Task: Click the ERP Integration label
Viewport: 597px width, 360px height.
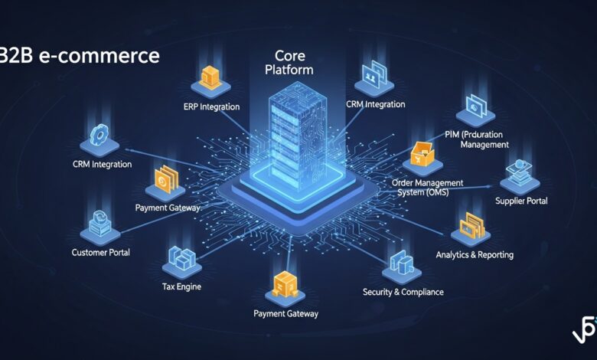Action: click(212, 106)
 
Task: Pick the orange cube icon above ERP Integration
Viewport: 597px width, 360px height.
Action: click(210, 75)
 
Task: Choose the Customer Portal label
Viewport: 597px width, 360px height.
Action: click(101, 252)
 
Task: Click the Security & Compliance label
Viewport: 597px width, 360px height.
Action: click(403, 292)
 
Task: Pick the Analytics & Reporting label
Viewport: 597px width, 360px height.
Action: click(475, 254)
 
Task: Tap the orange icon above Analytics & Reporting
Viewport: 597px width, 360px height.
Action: click(471, 225)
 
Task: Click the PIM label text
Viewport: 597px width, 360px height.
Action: click(476, 139)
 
